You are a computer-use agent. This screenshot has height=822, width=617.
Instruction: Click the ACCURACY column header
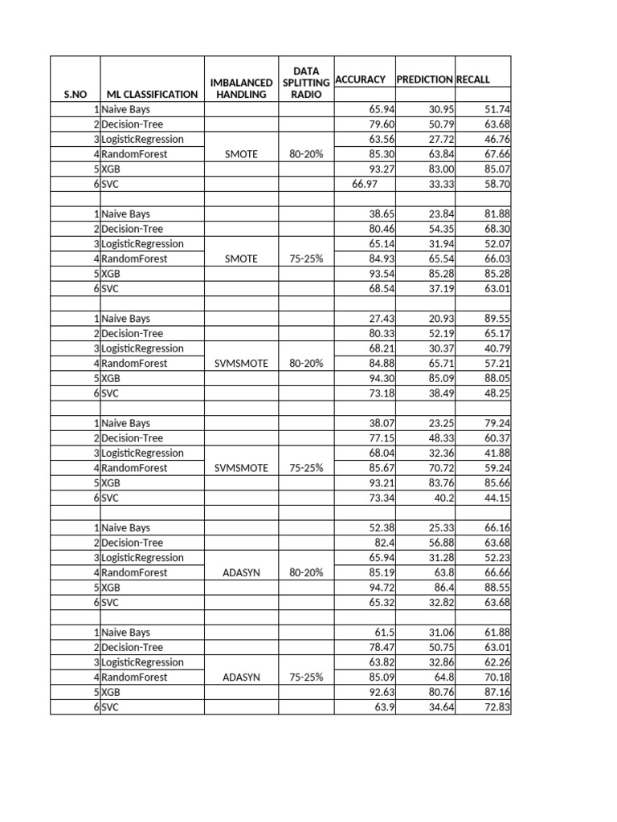[360, 79]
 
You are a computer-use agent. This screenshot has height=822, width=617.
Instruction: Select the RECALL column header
[473, 79]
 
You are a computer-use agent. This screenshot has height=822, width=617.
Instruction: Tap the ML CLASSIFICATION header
[152, 94]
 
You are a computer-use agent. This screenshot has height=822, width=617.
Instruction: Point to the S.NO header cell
[75, 94]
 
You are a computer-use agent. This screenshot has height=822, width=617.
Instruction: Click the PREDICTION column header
[424, 79]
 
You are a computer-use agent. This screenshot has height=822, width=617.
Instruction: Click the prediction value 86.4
[441, 588]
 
